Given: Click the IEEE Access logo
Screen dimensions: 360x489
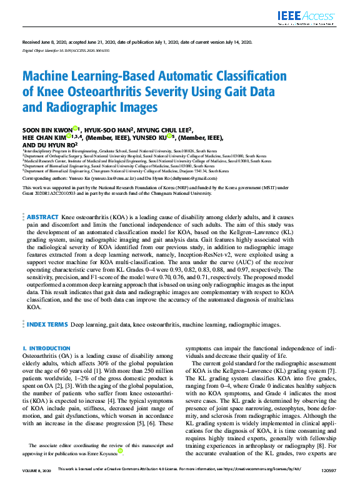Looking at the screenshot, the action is click(313, 17).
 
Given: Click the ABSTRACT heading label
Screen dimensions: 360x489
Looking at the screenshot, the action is click(42, 216).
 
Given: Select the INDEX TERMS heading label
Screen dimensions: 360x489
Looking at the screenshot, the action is click(47, 325).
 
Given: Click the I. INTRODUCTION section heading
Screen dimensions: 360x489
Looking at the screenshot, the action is click(46, 348).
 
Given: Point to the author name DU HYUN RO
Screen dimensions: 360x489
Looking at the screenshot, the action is click(49, 145).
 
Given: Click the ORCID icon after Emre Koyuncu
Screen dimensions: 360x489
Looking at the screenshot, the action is click(120, 450).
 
